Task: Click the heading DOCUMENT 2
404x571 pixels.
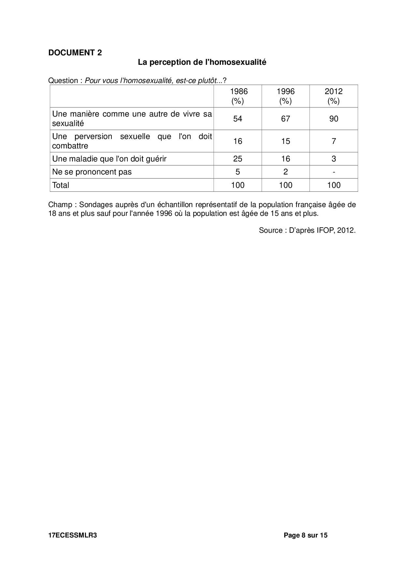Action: coord(75,53)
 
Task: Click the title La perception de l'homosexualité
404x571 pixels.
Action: coord(202,62)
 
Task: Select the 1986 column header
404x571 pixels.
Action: coord(238,96)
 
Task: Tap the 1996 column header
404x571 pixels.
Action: coord(285,96)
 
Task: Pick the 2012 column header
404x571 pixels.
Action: coord(334,96)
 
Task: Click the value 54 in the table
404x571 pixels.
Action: coord(238,119)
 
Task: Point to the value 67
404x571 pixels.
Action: coord(285,119)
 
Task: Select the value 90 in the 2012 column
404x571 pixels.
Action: coord(334,119)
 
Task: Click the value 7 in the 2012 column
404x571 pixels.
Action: coord(334,141)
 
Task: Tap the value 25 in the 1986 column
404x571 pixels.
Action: coord(238,159)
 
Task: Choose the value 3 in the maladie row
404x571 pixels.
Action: coord(334,159)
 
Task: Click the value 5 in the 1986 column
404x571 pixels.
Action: coord(238,172)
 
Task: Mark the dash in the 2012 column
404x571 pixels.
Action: coord(334,172)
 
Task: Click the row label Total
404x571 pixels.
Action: coord(61,185)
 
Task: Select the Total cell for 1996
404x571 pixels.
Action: coord(285,185)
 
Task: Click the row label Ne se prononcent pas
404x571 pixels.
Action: coord(92,172)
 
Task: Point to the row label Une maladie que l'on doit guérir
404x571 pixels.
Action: coord(109,159)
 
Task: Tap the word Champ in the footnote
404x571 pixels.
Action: coord(60,205)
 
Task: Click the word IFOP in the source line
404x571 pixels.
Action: coord(325,230)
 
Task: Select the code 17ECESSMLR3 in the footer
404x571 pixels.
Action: coord(72,535)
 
